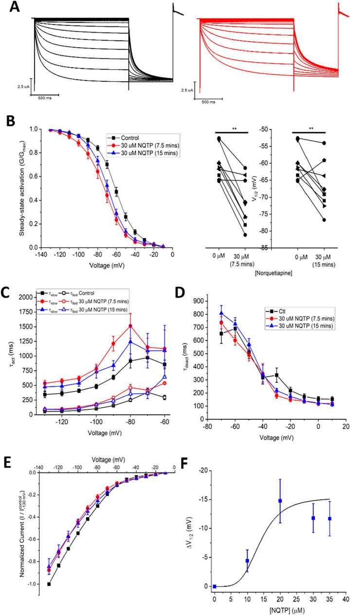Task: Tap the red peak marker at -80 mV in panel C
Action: click(130, 326)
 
